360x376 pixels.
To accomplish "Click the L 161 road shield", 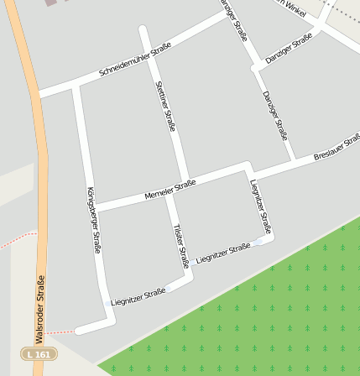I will [x=39, y=355].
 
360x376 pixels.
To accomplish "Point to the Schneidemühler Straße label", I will [x=135, y=60].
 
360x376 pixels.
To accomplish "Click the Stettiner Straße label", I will [x=164, y=106].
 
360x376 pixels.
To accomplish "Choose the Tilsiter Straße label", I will [x=180, y=245].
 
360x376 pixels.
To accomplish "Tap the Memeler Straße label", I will [x=170, y=190].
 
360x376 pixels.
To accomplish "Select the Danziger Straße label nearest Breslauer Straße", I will [x=274, y=115].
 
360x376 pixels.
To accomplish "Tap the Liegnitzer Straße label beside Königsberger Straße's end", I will [x=138, y=297].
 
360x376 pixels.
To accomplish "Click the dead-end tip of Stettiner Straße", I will [x=143, y=30].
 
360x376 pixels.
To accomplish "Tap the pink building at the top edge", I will [x=53, y=3].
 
